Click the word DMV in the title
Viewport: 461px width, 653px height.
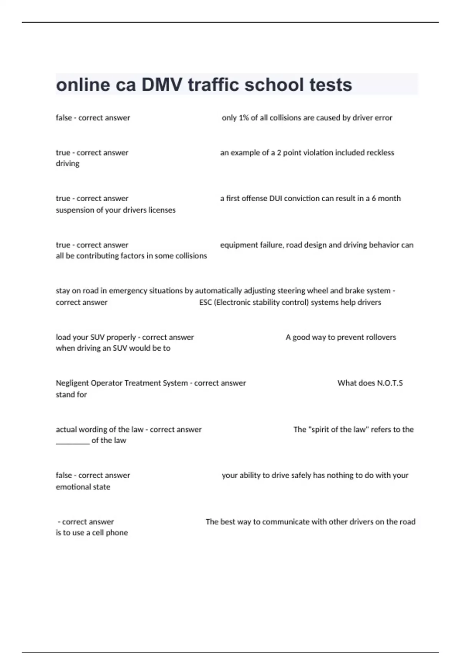tap(162, 85)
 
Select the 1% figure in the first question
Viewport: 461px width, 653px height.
tap(244, 118)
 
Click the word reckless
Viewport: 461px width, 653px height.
tap(380, 153)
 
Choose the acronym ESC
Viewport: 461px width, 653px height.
tap(206, 303)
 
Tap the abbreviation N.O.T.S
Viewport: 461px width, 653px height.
tap(390, 383)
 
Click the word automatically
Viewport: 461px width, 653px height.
tap(219, 291)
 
